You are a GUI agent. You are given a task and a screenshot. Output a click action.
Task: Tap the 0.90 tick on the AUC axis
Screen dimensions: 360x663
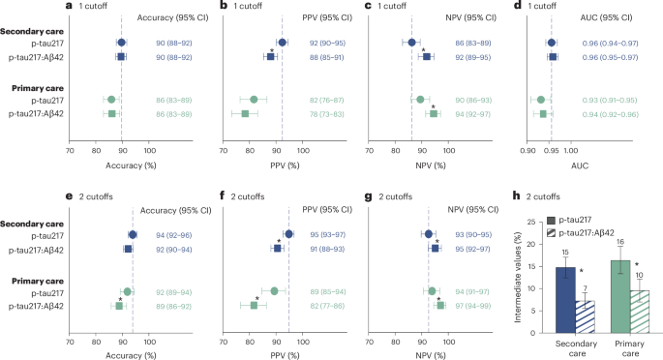click(531, 150)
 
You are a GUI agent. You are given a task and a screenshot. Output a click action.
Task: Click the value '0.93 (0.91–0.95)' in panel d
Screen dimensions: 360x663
click(611, 100)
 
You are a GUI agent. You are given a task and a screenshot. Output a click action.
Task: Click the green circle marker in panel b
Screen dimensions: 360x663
click(254, 100)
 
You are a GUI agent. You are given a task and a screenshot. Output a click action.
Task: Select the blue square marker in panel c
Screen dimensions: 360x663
click(426, 57)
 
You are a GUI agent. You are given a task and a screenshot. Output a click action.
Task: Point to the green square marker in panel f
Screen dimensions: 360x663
click(254, 305)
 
